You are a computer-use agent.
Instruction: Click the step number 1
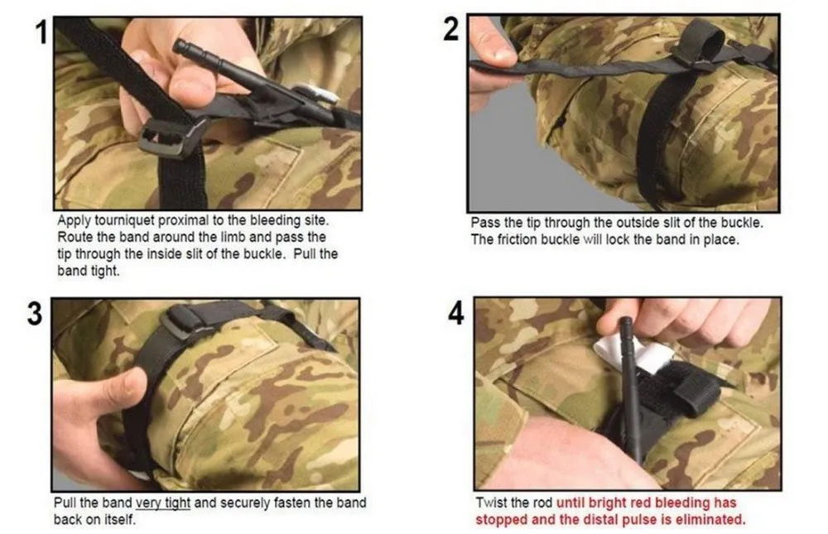(x=41, y=32)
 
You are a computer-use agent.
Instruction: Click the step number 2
(x=451, y=29)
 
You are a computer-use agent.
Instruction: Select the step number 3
(x=34, y=313)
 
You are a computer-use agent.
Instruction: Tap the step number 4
(x=455, y=313)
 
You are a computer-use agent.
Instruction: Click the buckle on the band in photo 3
(x=183, y=322)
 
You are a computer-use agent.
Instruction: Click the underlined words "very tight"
(x=162, y=503)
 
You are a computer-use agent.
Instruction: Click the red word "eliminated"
(x=712, y=519)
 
